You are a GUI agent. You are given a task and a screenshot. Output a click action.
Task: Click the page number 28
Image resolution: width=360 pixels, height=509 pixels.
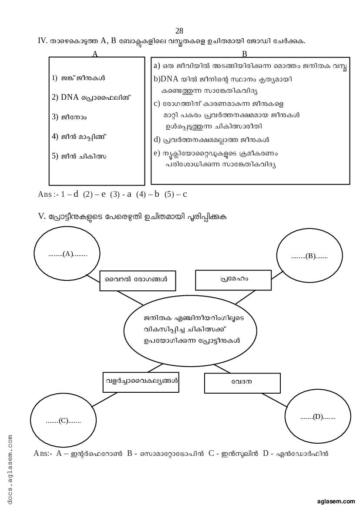pos(179,31)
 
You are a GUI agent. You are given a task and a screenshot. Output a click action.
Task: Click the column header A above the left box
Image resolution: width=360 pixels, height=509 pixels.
pos(95,54)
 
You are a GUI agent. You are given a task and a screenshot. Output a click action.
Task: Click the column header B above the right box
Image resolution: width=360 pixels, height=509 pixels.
pos(245,54)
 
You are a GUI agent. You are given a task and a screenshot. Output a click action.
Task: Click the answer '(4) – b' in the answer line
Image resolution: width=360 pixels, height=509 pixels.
pos(148,194)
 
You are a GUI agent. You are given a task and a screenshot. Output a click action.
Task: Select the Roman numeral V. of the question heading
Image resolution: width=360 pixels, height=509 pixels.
pos(42,216)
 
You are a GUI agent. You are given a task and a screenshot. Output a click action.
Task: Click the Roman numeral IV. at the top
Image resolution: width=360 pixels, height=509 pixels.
pos(43,41)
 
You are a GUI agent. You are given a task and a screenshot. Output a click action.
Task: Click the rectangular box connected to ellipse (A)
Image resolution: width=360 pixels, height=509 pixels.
pos(138,280)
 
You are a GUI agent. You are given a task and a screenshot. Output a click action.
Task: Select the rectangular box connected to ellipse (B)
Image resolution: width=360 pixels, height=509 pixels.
pos(234,280)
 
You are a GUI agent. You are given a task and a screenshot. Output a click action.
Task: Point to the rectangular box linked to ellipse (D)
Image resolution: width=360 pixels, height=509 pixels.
pos(242,383)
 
